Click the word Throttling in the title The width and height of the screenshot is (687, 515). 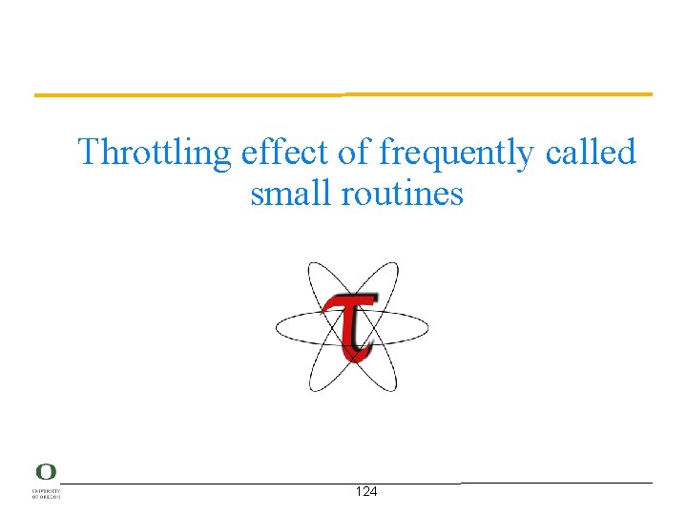155,153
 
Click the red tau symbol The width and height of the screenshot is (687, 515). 350,325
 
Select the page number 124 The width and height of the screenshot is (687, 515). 365,492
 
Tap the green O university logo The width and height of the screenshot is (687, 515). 46,472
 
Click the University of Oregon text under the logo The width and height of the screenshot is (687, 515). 46,493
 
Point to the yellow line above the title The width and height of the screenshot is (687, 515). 343,94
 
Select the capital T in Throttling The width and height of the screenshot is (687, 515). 90,152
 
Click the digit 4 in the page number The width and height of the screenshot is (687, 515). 373,492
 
